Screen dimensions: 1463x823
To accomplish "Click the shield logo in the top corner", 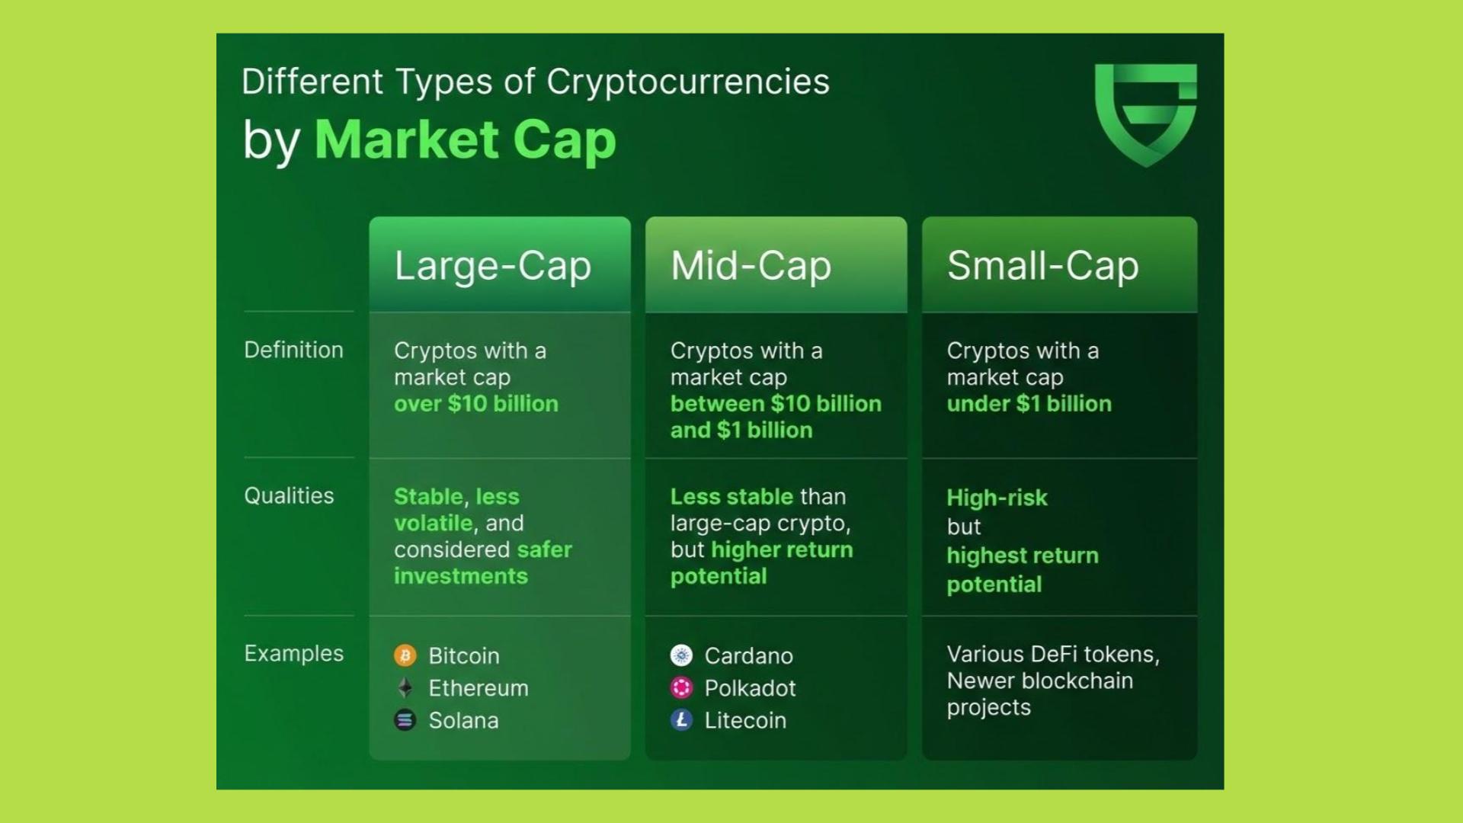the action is point(1145,114).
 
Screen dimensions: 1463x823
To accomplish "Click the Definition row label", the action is point(293,350).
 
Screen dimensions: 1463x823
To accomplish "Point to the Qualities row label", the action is point(289,496).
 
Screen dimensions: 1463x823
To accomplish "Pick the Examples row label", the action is point(293,654).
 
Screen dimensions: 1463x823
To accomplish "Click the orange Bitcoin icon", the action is point(405,655).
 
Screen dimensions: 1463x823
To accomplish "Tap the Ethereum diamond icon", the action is point(405,687).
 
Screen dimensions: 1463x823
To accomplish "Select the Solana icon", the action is point(405,720).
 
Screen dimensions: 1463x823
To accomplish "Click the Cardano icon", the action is point(681,655).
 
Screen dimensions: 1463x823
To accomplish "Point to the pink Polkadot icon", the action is point(681,687).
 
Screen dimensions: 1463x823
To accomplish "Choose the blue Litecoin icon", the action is point(681,720).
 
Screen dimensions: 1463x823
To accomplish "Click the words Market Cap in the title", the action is point(465,140).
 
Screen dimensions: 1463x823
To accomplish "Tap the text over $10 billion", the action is point(476,404).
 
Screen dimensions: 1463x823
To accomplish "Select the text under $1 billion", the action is point(1029,404).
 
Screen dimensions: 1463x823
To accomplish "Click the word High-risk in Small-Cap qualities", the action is point(997,498).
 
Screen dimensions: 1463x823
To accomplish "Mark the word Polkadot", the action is point(750,688).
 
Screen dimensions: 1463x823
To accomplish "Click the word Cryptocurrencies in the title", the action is point(688,82).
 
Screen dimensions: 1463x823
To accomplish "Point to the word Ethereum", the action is point(479,688).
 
